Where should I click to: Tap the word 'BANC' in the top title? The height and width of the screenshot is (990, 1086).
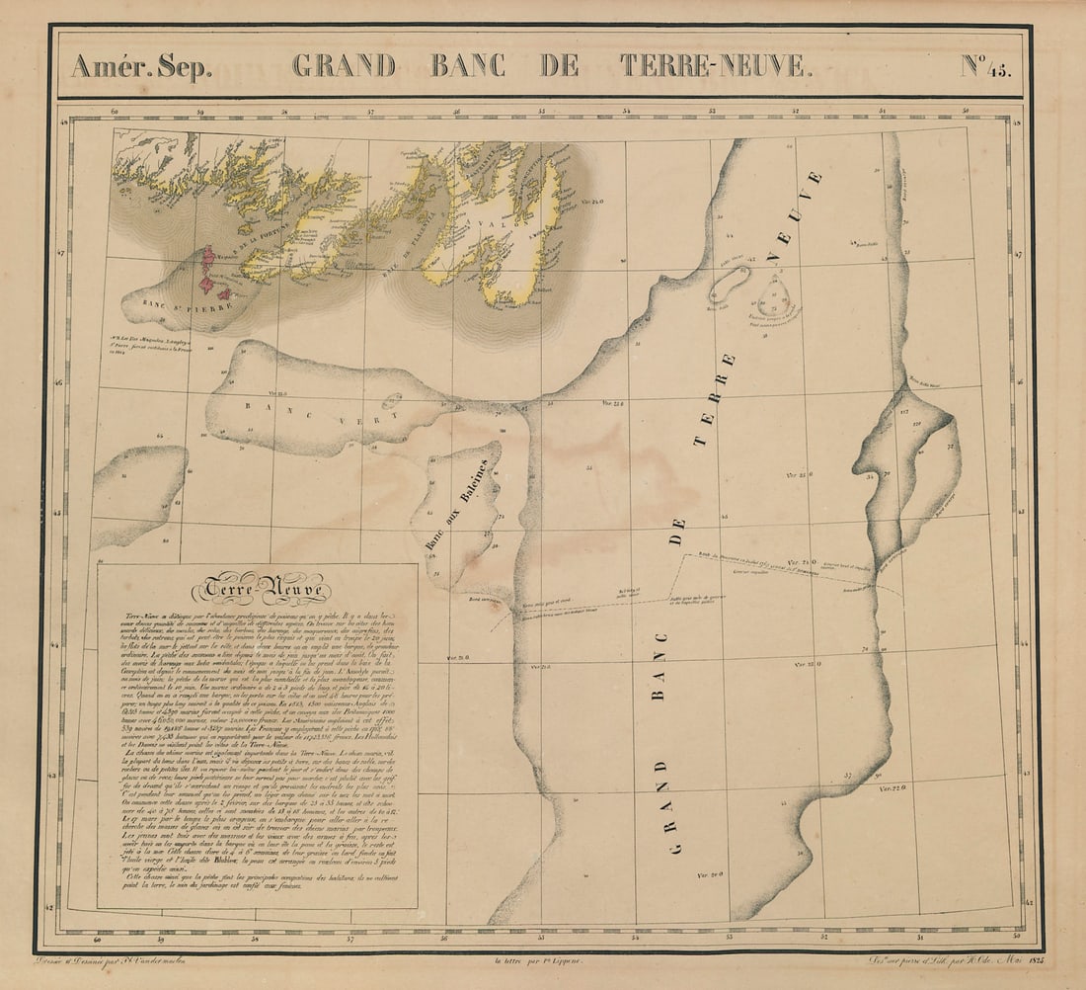click(x=468, y=65)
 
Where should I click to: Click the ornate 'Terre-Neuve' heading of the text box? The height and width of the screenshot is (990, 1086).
click(x=261, y=590)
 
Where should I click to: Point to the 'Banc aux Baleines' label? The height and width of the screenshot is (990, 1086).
click(x=456, y=506)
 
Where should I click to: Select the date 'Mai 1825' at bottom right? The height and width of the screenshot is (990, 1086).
click(x=1005, y=958)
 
